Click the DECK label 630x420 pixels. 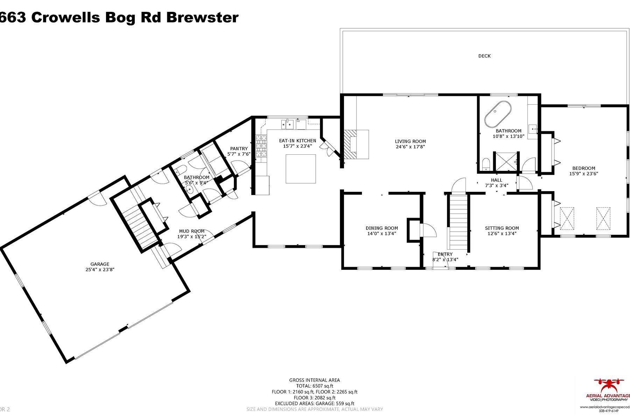click(484, 56)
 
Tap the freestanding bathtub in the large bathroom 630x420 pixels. click(498, 114)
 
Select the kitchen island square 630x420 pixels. click(301, 169)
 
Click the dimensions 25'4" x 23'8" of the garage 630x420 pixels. click(100, 269)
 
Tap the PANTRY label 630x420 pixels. click(239, 149)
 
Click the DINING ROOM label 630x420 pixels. click(381, 228)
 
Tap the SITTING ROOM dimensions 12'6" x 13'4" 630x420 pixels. click(502, 233)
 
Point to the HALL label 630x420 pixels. click(496, 180)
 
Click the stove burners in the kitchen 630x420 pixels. click(261, 146)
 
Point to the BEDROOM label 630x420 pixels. click(583, 168)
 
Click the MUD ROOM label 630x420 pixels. click(191, 231)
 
